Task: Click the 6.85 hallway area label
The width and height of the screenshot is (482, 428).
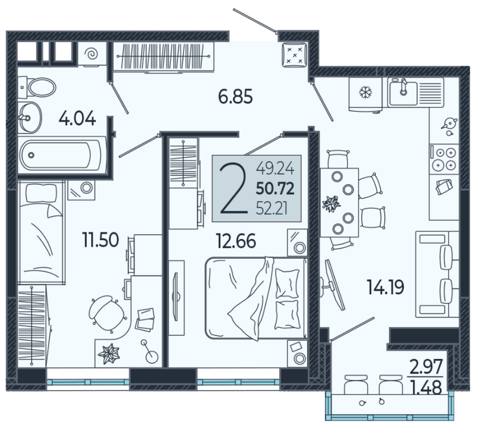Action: [x=235, y=96]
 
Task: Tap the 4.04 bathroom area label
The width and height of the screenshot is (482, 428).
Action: [x=77, y=118]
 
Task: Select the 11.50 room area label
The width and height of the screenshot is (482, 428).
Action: [x=100, y=240]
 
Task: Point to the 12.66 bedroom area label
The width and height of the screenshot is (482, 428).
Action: [x=236, y=241]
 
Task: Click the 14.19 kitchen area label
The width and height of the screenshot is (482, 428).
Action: [x=385, y=287]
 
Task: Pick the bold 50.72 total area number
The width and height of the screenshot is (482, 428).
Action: [x=275, y=188]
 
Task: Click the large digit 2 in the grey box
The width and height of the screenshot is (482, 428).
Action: [x=234, y=189]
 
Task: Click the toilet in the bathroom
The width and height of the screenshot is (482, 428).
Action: [x=37, y=87]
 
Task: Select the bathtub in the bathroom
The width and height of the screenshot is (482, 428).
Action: [x=60, y=155]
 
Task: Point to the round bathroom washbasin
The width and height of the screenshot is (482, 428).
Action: [x=30, y=117]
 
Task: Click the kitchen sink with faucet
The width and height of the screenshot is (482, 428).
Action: [x=402, y=92]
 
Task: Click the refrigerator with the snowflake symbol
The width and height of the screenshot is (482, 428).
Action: [x=365, y=93]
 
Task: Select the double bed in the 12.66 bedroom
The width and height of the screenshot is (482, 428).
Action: [x=256, y=298]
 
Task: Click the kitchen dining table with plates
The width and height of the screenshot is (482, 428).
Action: [x=340, y=202]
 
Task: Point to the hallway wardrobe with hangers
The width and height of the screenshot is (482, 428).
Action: [x=163, y=56]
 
